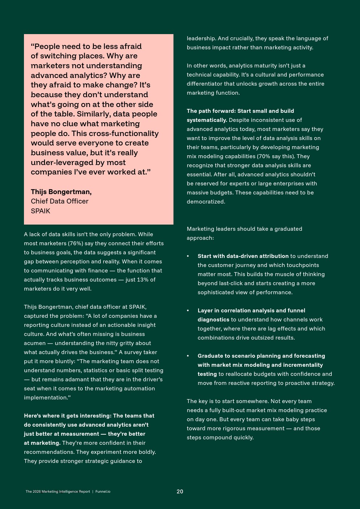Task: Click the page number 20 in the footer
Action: tap(180, 492)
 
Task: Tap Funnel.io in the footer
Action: tap(103, 492)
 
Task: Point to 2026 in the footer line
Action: tap(37, 492)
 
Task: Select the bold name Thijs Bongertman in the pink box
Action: tap(61, 192)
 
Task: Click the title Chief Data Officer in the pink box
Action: tap(60, 201)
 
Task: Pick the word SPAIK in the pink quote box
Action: tap(40, 211)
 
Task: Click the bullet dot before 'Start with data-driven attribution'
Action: tap(188, 256)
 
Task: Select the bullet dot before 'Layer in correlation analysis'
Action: tap(188, 311)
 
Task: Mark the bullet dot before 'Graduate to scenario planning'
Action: tap(188, 356)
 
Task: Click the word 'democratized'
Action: tap(205, 202)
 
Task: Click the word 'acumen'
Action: tap(34, 343)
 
